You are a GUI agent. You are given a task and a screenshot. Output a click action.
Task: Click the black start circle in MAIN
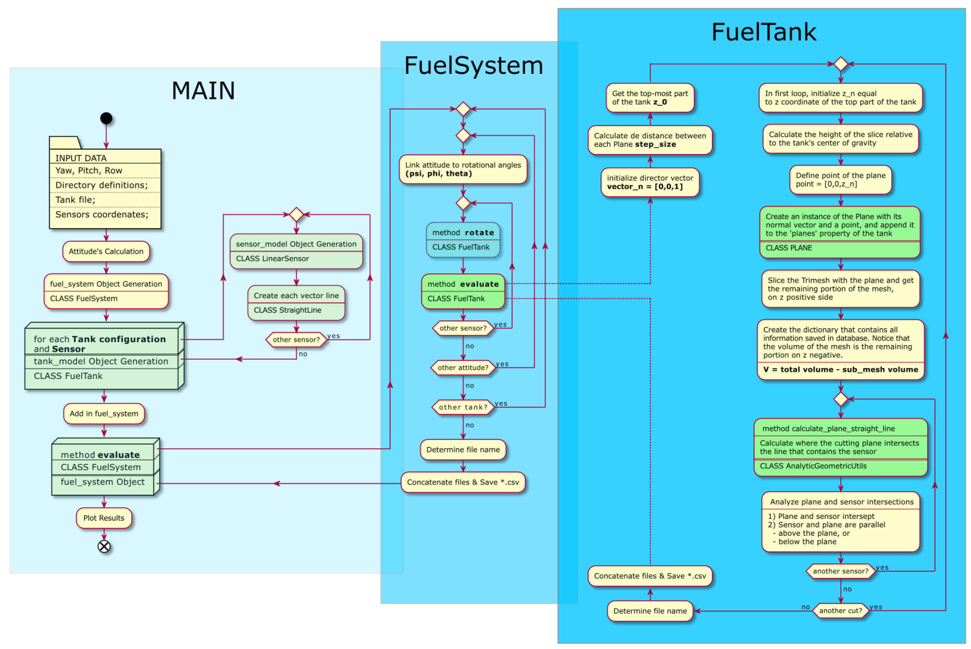tap(106, 118)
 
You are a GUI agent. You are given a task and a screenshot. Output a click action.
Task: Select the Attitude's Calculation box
tap(106, 251)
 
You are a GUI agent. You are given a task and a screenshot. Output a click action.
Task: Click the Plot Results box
tap(104, 518)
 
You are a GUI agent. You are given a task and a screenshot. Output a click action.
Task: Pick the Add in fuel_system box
tap(104, 413)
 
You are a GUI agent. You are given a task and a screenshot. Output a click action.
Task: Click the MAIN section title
tap(203, 91)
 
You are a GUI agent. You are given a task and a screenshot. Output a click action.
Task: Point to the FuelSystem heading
tap(473, 65)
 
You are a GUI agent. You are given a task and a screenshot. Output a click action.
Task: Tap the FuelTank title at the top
tap(763, 32)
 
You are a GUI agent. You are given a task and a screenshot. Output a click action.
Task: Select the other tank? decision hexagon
tap(463, 407)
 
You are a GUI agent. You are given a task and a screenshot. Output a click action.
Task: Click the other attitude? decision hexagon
tap(463, 367)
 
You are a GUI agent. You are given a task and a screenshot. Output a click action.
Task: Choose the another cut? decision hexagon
tap(840, 610)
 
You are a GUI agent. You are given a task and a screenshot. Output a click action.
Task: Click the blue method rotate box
tap(463, 240)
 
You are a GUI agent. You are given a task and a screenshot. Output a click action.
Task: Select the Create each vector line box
tap(296, 302)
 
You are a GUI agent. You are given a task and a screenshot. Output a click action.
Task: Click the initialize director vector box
tap(650, 182)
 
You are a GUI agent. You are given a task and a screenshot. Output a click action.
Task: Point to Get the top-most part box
tap(650, 98)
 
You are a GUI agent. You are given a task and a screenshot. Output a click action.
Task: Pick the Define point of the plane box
tap(840, 180)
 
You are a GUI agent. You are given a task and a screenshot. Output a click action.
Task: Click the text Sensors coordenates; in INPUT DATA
tap(101, 214)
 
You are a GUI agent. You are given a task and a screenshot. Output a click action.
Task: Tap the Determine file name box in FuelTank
tap(650, 610)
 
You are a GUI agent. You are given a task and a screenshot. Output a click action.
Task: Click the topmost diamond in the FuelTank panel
tap(840, 64)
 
